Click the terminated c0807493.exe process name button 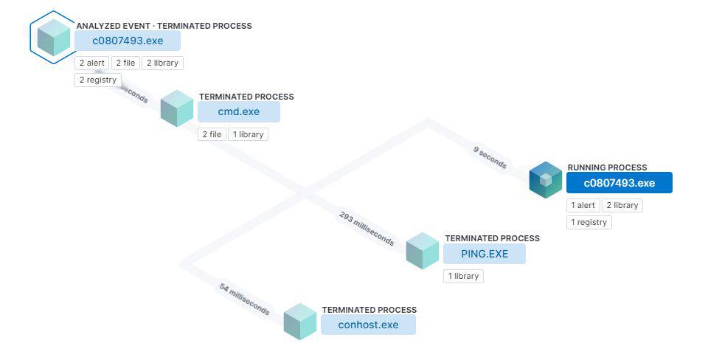(128, 41)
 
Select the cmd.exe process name (239, 112)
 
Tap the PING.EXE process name (485, 254)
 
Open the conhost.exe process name (368, 325)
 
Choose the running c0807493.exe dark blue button (619, 183)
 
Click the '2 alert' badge (92, 63)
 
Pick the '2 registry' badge (97, 80)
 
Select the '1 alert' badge (583, 205)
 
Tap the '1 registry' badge (589, 222)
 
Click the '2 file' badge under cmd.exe (211, 134)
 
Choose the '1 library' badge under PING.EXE (463, 276)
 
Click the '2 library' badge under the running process (622, 205)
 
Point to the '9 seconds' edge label (490, 157)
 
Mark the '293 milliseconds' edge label (367, 229)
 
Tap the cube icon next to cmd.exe (177, 109)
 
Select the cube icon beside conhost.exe (300, 322)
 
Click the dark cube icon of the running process (546, 180)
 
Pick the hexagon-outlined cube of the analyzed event (54, 38)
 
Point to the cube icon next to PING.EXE (423, 251)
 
